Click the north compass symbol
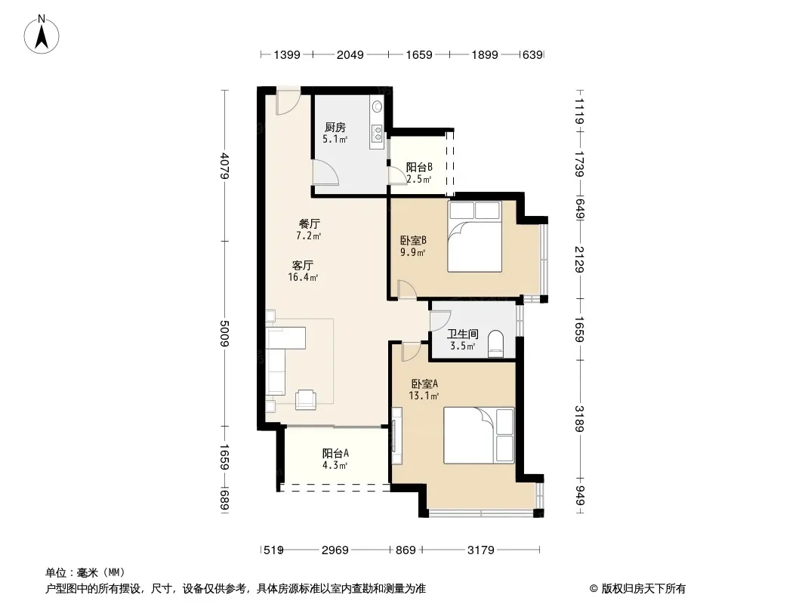tap(42, 34)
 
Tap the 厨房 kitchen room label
tap(335, 128)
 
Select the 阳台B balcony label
tap(419, 167)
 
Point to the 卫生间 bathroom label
tap(463, 334)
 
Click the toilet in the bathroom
tap(495, 344)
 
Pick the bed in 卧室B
tap(474, 236)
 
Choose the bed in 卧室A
tap(479, 435)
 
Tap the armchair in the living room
tap(306, 399)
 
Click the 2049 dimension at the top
tap(350, 54)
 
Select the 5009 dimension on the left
tap(224, 333)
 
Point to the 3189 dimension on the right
tap(579, 419)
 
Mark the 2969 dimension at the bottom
tap(335, 550)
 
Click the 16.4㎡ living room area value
tap(303, 278)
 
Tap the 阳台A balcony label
tap(335, 453)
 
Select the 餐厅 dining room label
tap(310, 223)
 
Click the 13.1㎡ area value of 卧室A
tap(424, 396)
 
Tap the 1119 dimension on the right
tap(579, 111)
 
